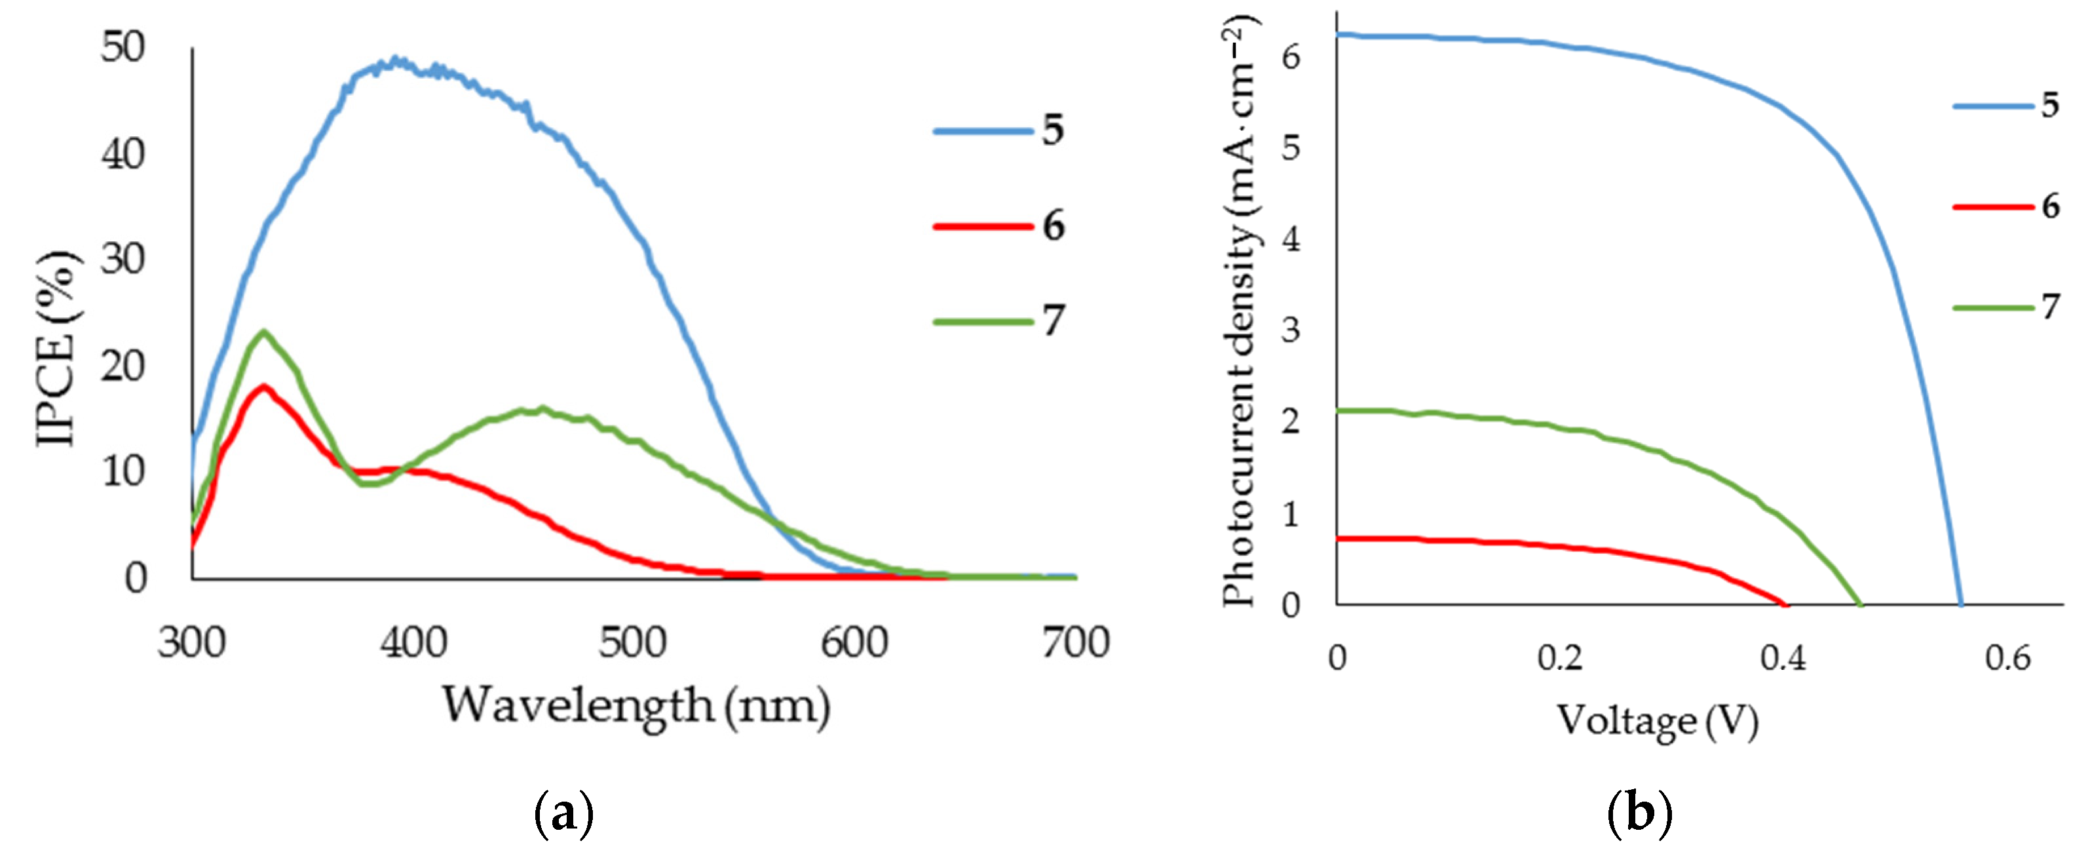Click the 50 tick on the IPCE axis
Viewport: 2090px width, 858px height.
(123, 48)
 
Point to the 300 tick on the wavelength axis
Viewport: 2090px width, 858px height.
(191, 643)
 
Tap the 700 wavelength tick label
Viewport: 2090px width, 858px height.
(1076, 643)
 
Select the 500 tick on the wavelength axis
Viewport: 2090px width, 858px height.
(634, 643)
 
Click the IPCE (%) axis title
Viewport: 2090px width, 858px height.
(58, 349)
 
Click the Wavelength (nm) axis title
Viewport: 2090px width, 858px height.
(636, 705)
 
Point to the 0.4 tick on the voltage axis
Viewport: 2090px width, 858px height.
(1783, 657)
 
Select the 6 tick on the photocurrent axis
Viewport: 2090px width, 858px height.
(1291, 57)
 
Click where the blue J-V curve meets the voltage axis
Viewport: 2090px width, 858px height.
(1962, 604)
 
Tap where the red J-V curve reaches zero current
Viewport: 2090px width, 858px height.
(1785, 604)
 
